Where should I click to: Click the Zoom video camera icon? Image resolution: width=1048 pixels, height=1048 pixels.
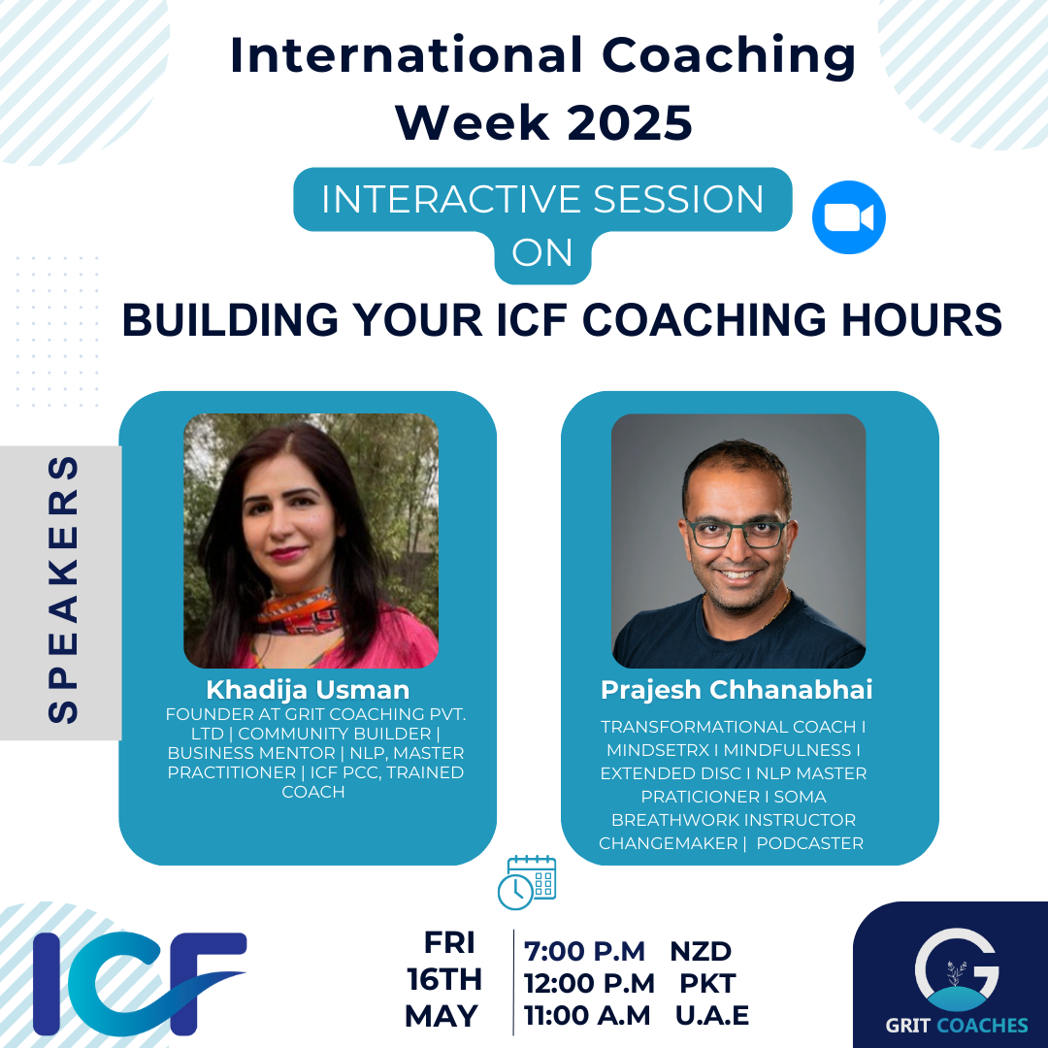click(x=849, y=217)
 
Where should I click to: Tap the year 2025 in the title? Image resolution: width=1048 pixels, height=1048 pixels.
click(x=631, y=123)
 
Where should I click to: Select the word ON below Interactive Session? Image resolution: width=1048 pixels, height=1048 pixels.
click(x=542, y=252)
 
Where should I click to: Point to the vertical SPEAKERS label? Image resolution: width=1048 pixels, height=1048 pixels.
click(x=63, y=589)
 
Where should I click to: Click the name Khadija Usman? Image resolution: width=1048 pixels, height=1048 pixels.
click(x=308, y=689)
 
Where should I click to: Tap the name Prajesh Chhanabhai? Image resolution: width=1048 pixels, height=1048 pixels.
click(x=737, y=690)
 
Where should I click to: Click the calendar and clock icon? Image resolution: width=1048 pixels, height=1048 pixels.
click(x=527, y=882)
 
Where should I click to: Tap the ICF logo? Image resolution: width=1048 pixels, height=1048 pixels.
click(x=140, y=982)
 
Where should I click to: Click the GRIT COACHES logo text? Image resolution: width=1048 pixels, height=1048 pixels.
click(x=957, y=1026)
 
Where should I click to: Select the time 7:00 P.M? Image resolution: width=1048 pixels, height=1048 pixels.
click(x=584, y=951)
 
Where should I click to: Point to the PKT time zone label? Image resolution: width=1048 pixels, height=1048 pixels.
click(x=707, y=983)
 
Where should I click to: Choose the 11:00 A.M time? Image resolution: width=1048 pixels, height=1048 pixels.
click(x=587, y=1016)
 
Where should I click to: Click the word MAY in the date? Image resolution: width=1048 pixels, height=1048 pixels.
click(x=442, y=1017)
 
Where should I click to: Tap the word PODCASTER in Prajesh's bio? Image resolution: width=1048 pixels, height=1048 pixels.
click(x=810, y=843)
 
